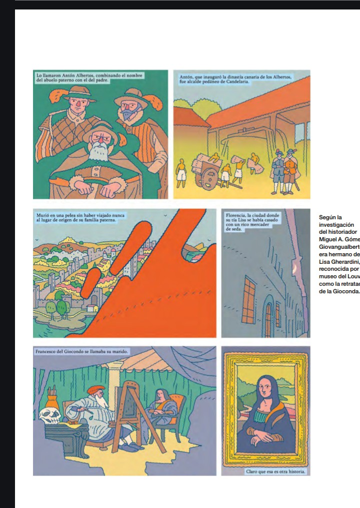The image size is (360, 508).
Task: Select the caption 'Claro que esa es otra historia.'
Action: click(275, 471)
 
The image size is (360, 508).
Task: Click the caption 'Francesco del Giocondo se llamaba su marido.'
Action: click(82, 351)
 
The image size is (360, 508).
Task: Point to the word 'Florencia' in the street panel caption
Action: click(235, 215)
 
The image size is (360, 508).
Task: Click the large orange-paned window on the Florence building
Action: click(248, 300)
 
